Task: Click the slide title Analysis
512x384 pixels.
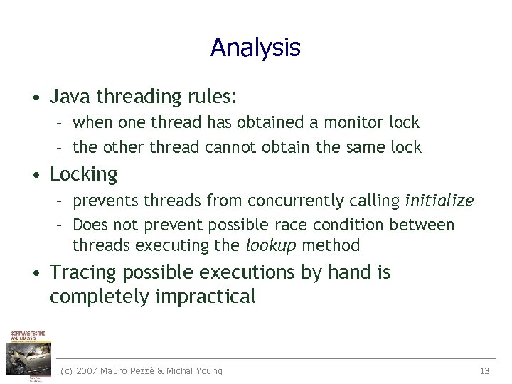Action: point(255,48)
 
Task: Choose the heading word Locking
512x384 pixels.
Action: point(83,174)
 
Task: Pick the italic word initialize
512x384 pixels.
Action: point(439,201)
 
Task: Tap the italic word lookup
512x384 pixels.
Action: point(271,246)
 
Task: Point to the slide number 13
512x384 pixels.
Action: point(485,370)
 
